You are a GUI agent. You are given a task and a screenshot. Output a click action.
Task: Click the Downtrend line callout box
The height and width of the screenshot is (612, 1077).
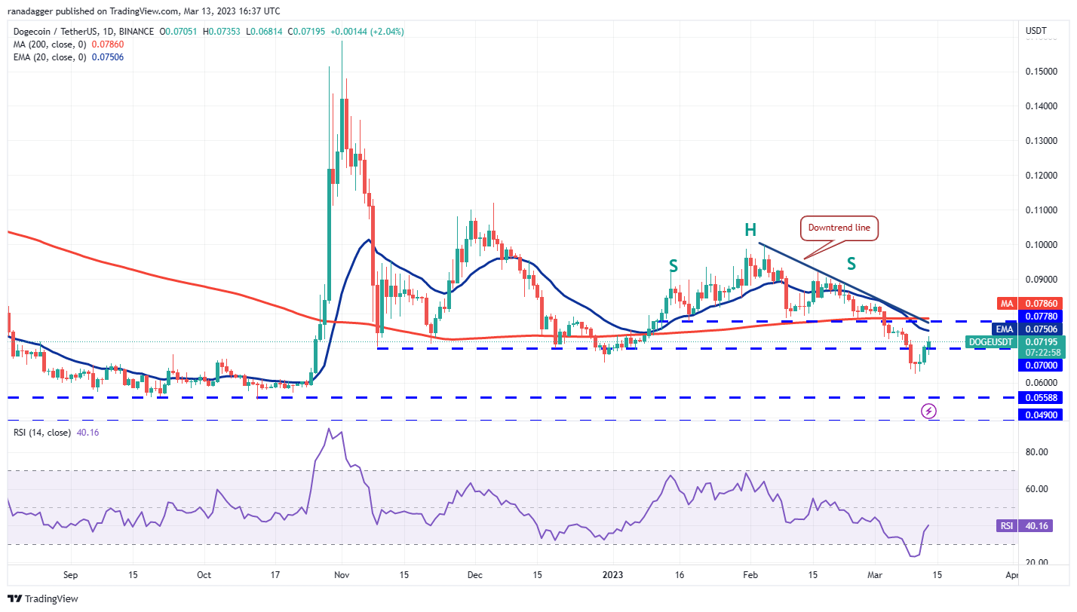840,228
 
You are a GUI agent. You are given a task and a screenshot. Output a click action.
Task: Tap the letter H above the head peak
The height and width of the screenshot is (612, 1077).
751,230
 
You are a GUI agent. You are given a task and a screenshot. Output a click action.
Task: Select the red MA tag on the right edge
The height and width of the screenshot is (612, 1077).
1005,304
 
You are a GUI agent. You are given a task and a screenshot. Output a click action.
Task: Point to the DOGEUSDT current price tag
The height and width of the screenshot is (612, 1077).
990,342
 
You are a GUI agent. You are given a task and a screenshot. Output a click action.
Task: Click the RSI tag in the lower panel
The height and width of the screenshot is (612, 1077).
1005,526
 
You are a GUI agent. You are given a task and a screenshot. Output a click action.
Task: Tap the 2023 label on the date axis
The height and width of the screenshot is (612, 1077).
615,575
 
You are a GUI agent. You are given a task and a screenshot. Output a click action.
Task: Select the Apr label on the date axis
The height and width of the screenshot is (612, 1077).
1013,575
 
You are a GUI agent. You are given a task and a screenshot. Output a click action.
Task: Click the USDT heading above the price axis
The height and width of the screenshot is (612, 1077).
1036,31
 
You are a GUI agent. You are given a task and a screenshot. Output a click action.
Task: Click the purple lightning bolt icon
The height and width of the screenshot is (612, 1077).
929,411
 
